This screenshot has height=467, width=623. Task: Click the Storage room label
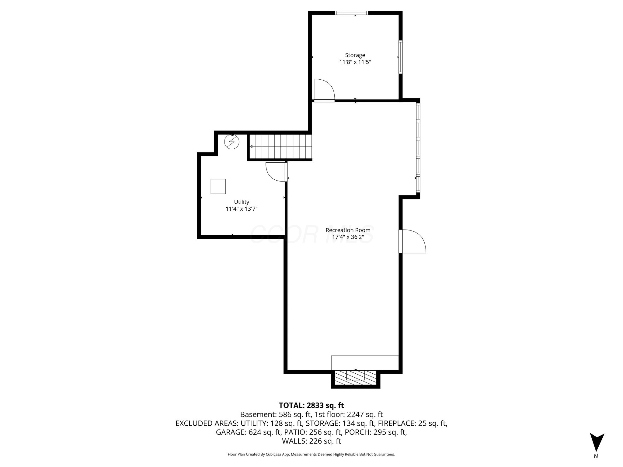[355, 55]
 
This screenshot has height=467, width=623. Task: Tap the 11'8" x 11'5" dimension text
[355, 62]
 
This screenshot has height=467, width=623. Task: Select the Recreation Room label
[348, 230]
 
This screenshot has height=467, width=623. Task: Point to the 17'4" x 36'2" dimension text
[348, 237]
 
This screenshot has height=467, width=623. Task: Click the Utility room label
[242, 202]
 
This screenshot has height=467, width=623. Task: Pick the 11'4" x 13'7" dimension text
[242, 209]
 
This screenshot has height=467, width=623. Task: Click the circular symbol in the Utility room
[232, 142]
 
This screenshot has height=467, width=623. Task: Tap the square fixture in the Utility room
[218, 186]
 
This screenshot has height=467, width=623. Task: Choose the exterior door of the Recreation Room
[412, 241]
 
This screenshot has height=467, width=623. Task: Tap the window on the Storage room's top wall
[352, 13]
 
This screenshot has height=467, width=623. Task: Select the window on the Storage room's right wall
[401, 57]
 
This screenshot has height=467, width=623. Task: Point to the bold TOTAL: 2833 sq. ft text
[311, 405]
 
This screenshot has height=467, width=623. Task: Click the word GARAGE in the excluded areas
[230, 432]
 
